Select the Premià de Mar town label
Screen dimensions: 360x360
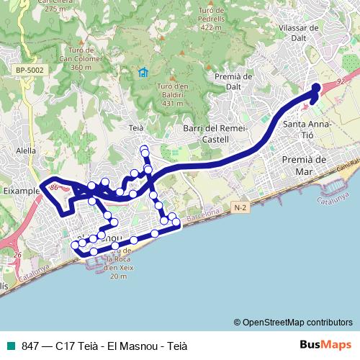[305, 165]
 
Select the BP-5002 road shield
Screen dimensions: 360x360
[28, 69]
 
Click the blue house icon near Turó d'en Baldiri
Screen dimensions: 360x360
[143, 72]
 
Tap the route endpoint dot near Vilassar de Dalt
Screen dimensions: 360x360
[316, 88]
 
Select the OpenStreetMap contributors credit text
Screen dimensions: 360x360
[293, 322]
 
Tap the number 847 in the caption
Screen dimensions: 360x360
[31, 345]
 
